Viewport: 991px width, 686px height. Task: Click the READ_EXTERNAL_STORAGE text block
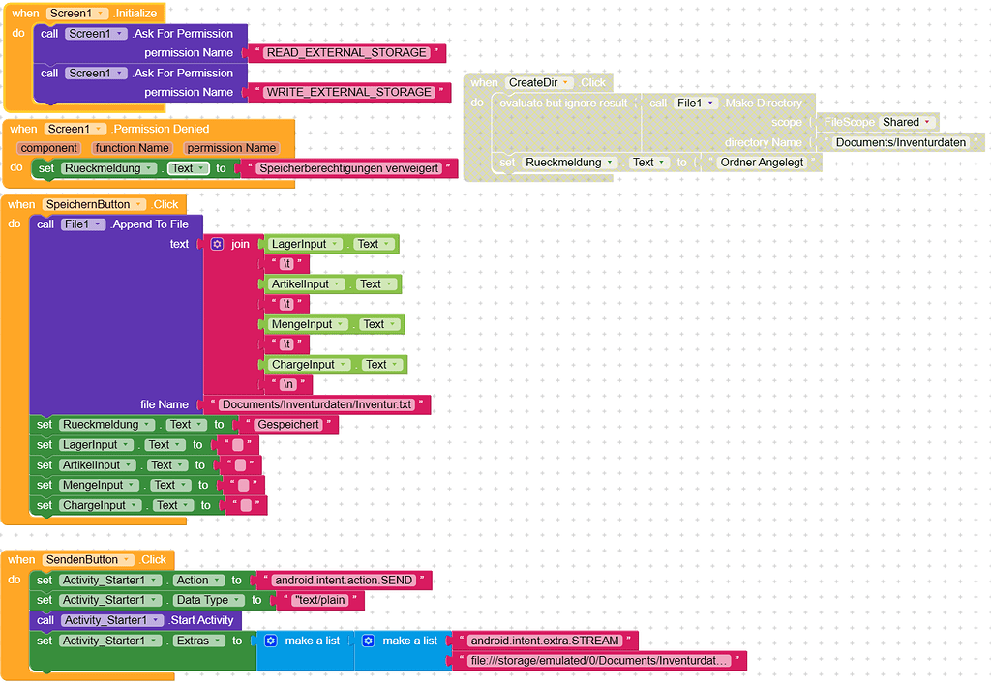tap(346, 52)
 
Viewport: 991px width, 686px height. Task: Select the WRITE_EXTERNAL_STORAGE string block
tap(348, 92)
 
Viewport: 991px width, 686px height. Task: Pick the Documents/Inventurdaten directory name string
tap(900, 142)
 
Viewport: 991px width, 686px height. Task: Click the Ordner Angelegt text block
tap(762, 163)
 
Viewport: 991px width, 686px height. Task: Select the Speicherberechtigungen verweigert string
tap(348, 168)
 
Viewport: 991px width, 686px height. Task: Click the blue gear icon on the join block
tap(218, 244)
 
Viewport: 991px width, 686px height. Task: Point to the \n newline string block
tap(287, 384)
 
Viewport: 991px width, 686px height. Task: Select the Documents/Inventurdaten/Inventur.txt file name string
tap(315, 404)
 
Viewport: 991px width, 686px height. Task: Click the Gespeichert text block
tap(288, 425)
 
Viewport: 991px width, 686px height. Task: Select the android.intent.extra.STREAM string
tap(545, 641)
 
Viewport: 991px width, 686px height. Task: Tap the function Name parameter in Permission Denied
tap(132, 148)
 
